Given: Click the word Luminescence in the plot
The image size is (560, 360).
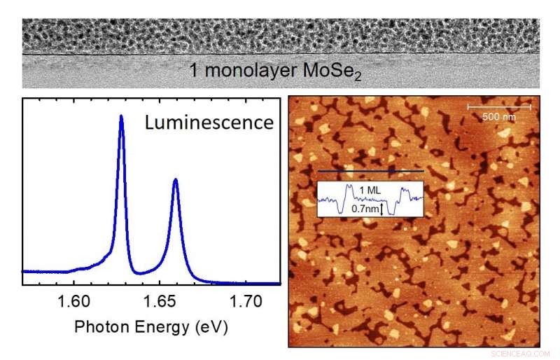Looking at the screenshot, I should [209, 123].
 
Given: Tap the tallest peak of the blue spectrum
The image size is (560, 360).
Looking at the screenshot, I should [121, 117].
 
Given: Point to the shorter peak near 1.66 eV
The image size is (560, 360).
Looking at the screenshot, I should [175, 180].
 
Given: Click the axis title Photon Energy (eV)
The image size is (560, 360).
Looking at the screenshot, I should [151, 327].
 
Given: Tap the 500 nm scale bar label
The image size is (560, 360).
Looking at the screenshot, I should [498, 116].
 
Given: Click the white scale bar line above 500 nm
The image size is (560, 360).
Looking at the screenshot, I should [498, 107].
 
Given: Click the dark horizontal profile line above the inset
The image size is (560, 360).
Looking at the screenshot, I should [370, 171].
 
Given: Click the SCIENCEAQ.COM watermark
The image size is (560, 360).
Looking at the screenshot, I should [521, 354].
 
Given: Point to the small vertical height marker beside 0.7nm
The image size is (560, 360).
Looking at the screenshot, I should [382, 208].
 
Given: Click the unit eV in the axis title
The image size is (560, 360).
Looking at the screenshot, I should [214, 327].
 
